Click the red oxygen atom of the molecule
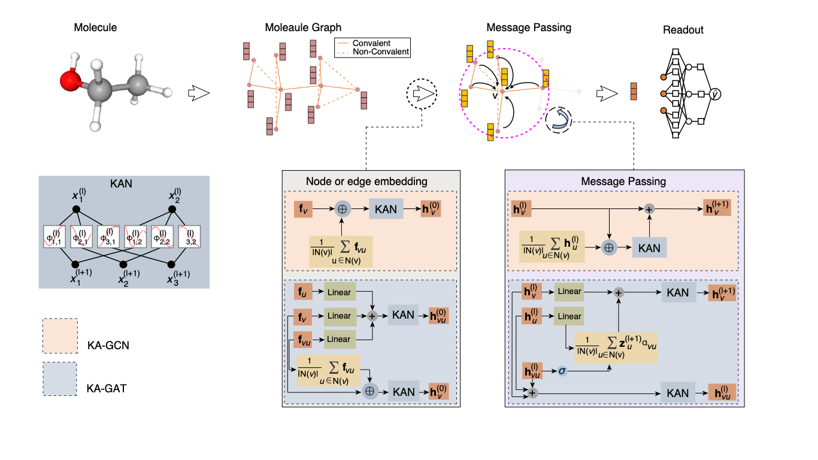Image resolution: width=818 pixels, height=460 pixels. pyautogui.click(x=70, y=79)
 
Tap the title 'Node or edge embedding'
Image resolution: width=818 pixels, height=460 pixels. pyautogui.click(x=366, y=181)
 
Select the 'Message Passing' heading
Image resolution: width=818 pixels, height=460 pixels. pyautogui.click(x=623, y=181)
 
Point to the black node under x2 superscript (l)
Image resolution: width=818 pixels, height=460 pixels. pyautogui.click(x=172, y=209)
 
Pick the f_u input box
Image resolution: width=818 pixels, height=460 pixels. pyautogui.click(x=303, y=292)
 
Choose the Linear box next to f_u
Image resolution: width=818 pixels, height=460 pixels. pyautogui.click(x=339, y=292)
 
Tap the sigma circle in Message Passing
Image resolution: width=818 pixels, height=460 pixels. pyautogui.click(x=562, y=371)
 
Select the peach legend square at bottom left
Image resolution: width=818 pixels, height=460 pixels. pyautogui.click(x=60, y=335)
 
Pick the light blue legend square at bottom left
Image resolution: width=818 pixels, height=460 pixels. pyautogui.click(x=60, y=379)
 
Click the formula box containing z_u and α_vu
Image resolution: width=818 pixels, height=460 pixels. pyautogui.click(x=616, y=348)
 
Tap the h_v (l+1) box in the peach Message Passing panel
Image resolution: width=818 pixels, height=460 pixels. pyautogui.click(x=717, y=207)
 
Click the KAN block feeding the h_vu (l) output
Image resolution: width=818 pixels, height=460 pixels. pyautogui.click(x=678, y=393)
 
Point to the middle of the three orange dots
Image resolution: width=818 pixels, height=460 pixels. pyautogui.click(x=664, y=93)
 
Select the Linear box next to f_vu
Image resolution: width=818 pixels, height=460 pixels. pyautogui.click(x=339, y=339)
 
